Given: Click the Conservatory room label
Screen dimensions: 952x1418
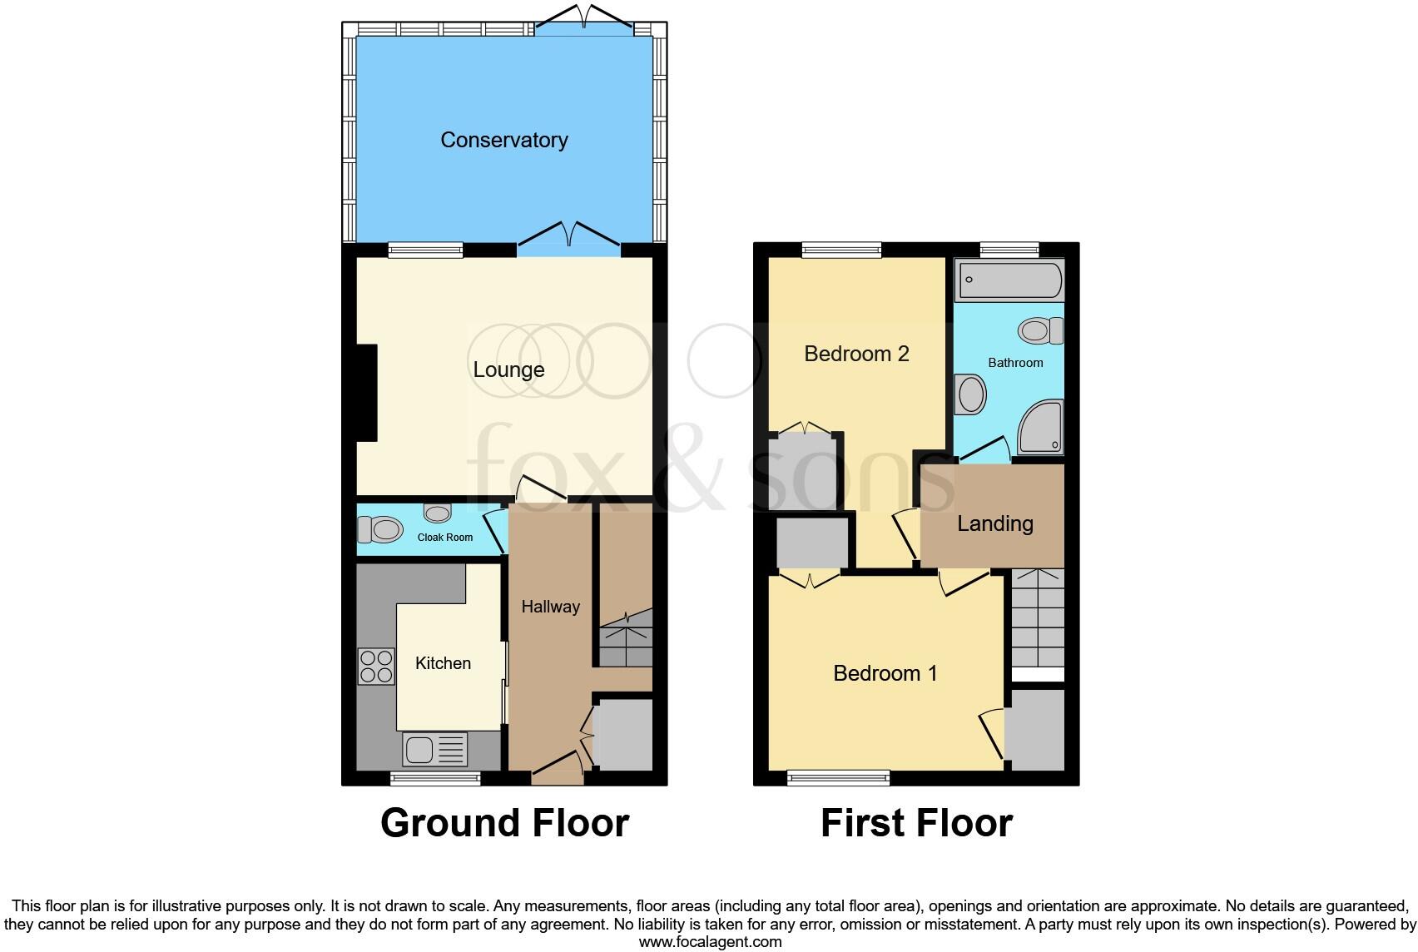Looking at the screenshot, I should coord(503,140).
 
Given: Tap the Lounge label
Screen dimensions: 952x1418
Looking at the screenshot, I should coord(508,369).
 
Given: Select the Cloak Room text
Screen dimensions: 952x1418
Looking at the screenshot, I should coord(444,538).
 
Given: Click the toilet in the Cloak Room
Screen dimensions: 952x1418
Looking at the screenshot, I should coord(379,528).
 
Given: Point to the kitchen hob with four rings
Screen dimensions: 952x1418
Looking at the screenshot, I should coord(375,666).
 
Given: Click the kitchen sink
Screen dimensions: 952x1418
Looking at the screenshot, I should coord(435,750).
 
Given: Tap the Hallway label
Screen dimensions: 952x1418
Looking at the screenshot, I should coord(550,607).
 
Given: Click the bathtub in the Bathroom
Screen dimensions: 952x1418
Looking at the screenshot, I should coord(1009,280).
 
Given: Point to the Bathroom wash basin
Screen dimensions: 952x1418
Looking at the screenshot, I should coord(970,394).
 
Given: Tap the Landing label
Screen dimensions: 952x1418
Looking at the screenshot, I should coord(994,523).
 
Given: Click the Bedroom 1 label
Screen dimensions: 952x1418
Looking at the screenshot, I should coord(885,673).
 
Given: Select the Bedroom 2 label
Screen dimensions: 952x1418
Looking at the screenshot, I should coord(855,354).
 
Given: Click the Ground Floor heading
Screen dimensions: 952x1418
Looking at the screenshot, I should coord(504,823).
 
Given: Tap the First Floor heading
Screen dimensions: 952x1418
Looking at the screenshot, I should coord(916,823).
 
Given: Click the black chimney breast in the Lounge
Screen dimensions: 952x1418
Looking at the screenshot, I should coord(367,394).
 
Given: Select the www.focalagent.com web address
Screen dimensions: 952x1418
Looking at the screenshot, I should coord(710,942).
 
